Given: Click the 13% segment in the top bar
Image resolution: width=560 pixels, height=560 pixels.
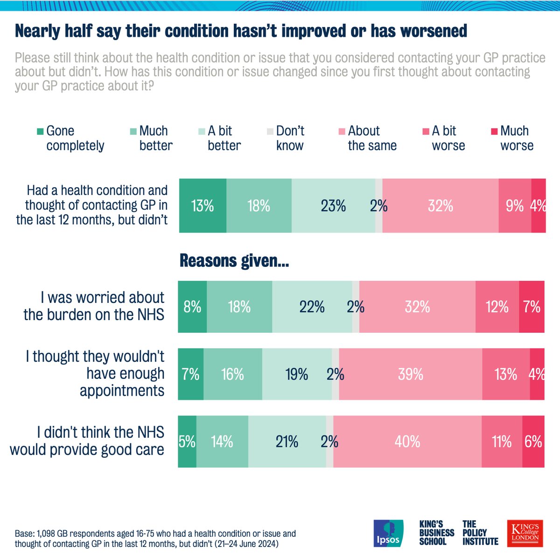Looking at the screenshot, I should [x=203, y=206].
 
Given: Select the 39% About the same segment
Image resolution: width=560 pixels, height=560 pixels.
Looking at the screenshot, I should [x=411, y=374].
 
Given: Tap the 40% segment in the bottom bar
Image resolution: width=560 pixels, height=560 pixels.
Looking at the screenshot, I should [x=407, y=441].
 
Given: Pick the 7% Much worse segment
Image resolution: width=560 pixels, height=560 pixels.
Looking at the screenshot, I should [x=532, y=307].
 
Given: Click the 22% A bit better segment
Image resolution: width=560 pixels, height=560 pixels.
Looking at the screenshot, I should [x=312, y=307].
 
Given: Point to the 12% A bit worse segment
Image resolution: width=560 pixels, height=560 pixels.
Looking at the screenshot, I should [x=497, y=307].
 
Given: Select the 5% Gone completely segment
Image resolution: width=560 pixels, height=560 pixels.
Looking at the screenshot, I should [x=187, y=441].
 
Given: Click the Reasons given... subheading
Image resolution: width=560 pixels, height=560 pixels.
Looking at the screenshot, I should [x=234, y=261].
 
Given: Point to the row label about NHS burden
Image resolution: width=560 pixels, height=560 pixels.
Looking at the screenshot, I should [x=94, y=306].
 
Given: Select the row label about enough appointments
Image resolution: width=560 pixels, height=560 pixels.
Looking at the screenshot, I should [x=95, y=373].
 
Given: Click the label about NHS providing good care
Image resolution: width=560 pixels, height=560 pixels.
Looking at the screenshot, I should [x=87, y=441].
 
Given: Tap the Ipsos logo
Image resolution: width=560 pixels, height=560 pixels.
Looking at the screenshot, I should [x=388, y=533].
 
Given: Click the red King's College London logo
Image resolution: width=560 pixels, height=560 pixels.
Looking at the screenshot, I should [x=525, y=533].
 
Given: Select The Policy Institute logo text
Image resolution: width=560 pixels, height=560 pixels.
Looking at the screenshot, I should [x=480, y=533].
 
